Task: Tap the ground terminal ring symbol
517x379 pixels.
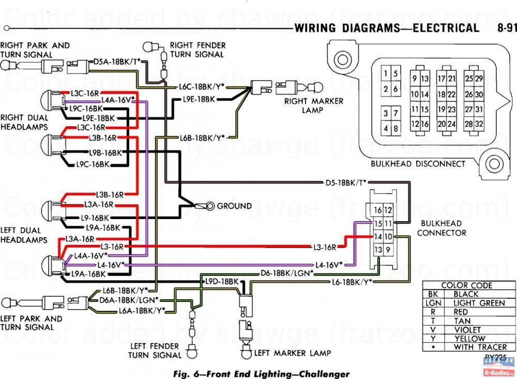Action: point(210,206)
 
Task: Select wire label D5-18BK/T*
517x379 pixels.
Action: point(346,182)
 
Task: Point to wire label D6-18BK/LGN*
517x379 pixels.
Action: point(287,273)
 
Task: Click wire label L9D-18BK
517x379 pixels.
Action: point(222,281)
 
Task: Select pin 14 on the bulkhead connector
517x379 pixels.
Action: point(378,236)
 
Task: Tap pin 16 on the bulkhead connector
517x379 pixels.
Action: point(378,210)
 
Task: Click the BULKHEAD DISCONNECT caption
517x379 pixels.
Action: point(418,164)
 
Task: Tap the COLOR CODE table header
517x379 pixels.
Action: point(467,285)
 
